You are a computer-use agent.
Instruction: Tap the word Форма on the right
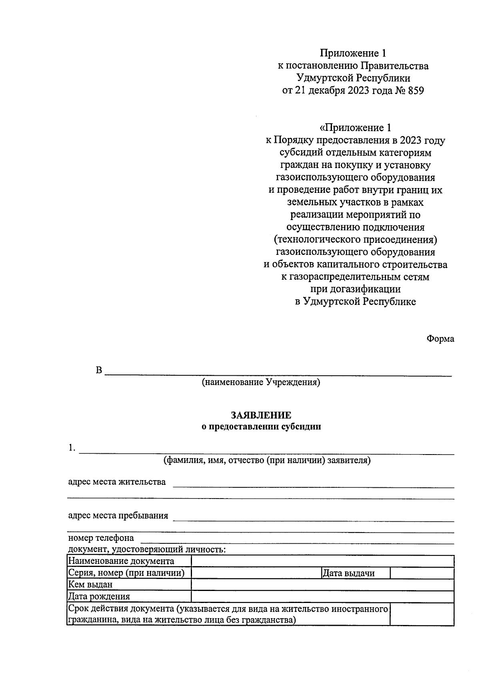440,339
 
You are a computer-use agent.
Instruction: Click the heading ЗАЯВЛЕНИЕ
261,415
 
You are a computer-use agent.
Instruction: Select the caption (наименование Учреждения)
261,382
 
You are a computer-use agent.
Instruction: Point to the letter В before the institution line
99,370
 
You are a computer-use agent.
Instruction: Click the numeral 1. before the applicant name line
72,448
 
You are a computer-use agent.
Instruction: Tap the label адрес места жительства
117,482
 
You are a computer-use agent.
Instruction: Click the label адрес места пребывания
118,515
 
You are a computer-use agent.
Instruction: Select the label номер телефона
101,538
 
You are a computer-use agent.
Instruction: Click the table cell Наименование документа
121,561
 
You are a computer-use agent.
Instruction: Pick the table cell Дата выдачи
348,573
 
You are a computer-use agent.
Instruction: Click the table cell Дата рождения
99,597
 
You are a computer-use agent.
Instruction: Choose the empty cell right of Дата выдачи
422,573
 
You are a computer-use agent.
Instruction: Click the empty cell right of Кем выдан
322,585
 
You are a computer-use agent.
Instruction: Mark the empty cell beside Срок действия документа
422,614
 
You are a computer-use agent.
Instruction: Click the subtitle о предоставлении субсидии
261,427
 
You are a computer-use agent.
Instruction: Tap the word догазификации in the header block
356,289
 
